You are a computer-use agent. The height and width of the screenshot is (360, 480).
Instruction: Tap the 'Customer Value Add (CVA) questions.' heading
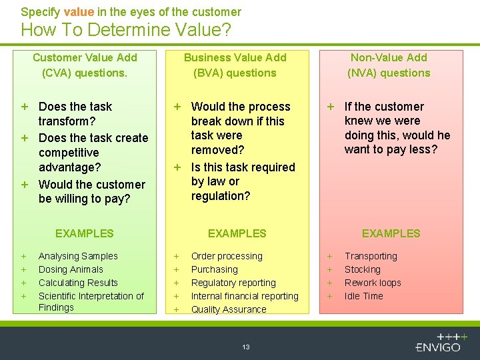click(85, 65)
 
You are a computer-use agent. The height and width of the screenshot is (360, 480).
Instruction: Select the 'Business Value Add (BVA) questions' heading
click(235, 65)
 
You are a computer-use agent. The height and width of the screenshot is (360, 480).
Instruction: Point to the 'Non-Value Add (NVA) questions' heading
click(389, 65)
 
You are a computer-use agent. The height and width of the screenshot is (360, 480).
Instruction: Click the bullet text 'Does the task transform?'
click(75, 114)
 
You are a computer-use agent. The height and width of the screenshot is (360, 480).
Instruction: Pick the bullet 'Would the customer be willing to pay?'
click(91, 191)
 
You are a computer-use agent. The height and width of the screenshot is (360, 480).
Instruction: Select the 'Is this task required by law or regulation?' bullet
click(242, 181)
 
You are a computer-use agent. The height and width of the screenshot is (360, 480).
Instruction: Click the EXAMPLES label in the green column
click(85, 233)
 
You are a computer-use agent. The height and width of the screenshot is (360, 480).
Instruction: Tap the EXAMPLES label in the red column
click(391, 233)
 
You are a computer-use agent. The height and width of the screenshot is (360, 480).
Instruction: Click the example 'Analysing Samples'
click(78, 256)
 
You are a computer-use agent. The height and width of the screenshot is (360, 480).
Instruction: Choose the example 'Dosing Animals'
click(71, 269)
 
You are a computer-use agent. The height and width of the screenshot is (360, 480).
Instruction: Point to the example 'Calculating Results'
click(78, 283)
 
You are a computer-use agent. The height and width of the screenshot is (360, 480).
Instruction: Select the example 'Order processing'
click(227, 256)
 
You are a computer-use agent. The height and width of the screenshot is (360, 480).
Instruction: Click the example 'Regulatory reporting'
click(233, 283)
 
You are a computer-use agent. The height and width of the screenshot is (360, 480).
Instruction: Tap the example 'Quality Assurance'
click(229, 309)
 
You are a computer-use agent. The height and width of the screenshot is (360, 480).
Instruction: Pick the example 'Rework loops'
click(373, 283)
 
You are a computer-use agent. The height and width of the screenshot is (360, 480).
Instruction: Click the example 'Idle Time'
click(363, 296)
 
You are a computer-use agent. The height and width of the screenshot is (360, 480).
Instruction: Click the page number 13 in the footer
click(246, 347)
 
